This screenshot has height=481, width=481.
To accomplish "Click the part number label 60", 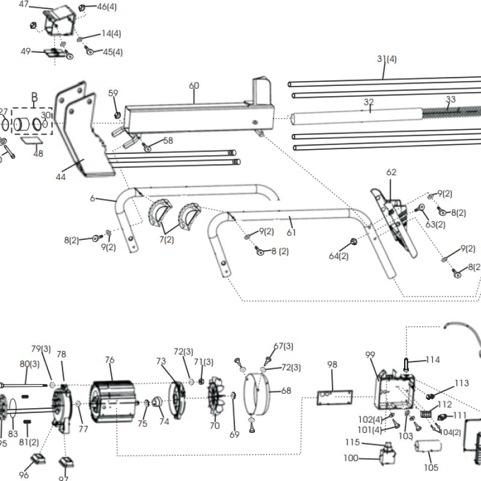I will pyautogui.click(x=194, y=86).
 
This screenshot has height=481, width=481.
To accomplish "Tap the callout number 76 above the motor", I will pyautogui.click(x=109, y=360).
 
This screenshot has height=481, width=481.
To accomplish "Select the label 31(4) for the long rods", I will pyautogui.click(x=387, y=59).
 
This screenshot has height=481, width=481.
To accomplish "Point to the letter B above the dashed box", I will pyautogui.click(x=34, y=97).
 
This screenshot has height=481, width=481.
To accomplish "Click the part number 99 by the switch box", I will pyautogui.click(x=370, y=355).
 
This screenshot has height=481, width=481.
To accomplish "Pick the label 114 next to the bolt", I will pyautogui.click(x=433, y=360).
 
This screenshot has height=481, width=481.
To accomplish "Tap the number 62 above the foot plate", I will pyautogui.click(x=391, y=173).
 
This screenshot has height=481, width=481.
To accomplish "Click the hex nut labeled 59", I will pyautogui.click(x=117, y=114).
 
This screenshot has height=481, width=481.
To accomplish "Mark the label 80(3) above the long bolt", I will pyautogui.click(x=29, y=364).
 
